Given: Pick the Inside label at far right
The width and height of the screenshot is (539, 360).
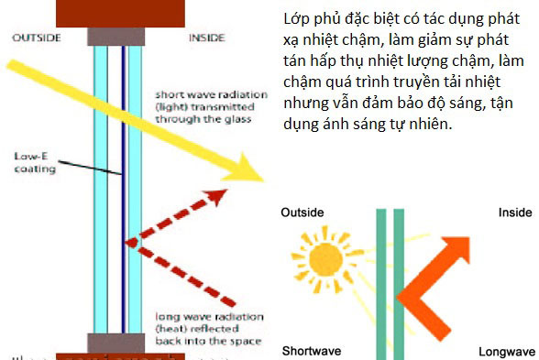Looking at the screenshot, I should tap(514, 213).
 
